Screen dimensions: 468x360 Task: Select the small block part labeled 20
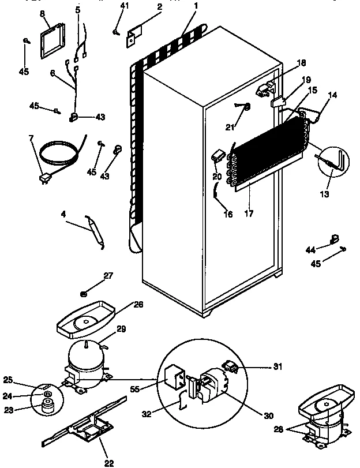219,155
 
